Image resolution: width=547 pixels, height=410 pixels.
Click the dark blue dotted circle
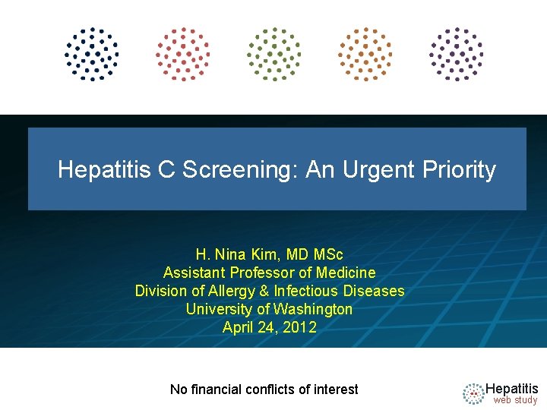pos(92,54)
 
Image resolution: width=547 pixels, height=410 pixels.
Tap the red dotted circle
pos(183,54)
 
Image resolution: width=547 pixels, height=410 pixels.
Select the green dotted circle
pos(273,54)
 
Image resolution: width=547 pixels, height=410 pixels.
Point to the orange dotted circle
pos(365,54)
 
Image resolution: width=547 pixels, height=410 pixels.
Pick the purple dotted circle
pos(457,54)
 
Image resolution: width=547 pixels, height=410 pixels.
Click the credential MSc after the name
pos(329,254)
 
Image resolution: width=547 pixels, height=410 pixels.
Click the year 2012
pos(301,327)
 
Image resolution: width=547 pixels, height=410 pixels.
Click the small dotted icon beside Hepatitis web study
pos(473,393)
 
